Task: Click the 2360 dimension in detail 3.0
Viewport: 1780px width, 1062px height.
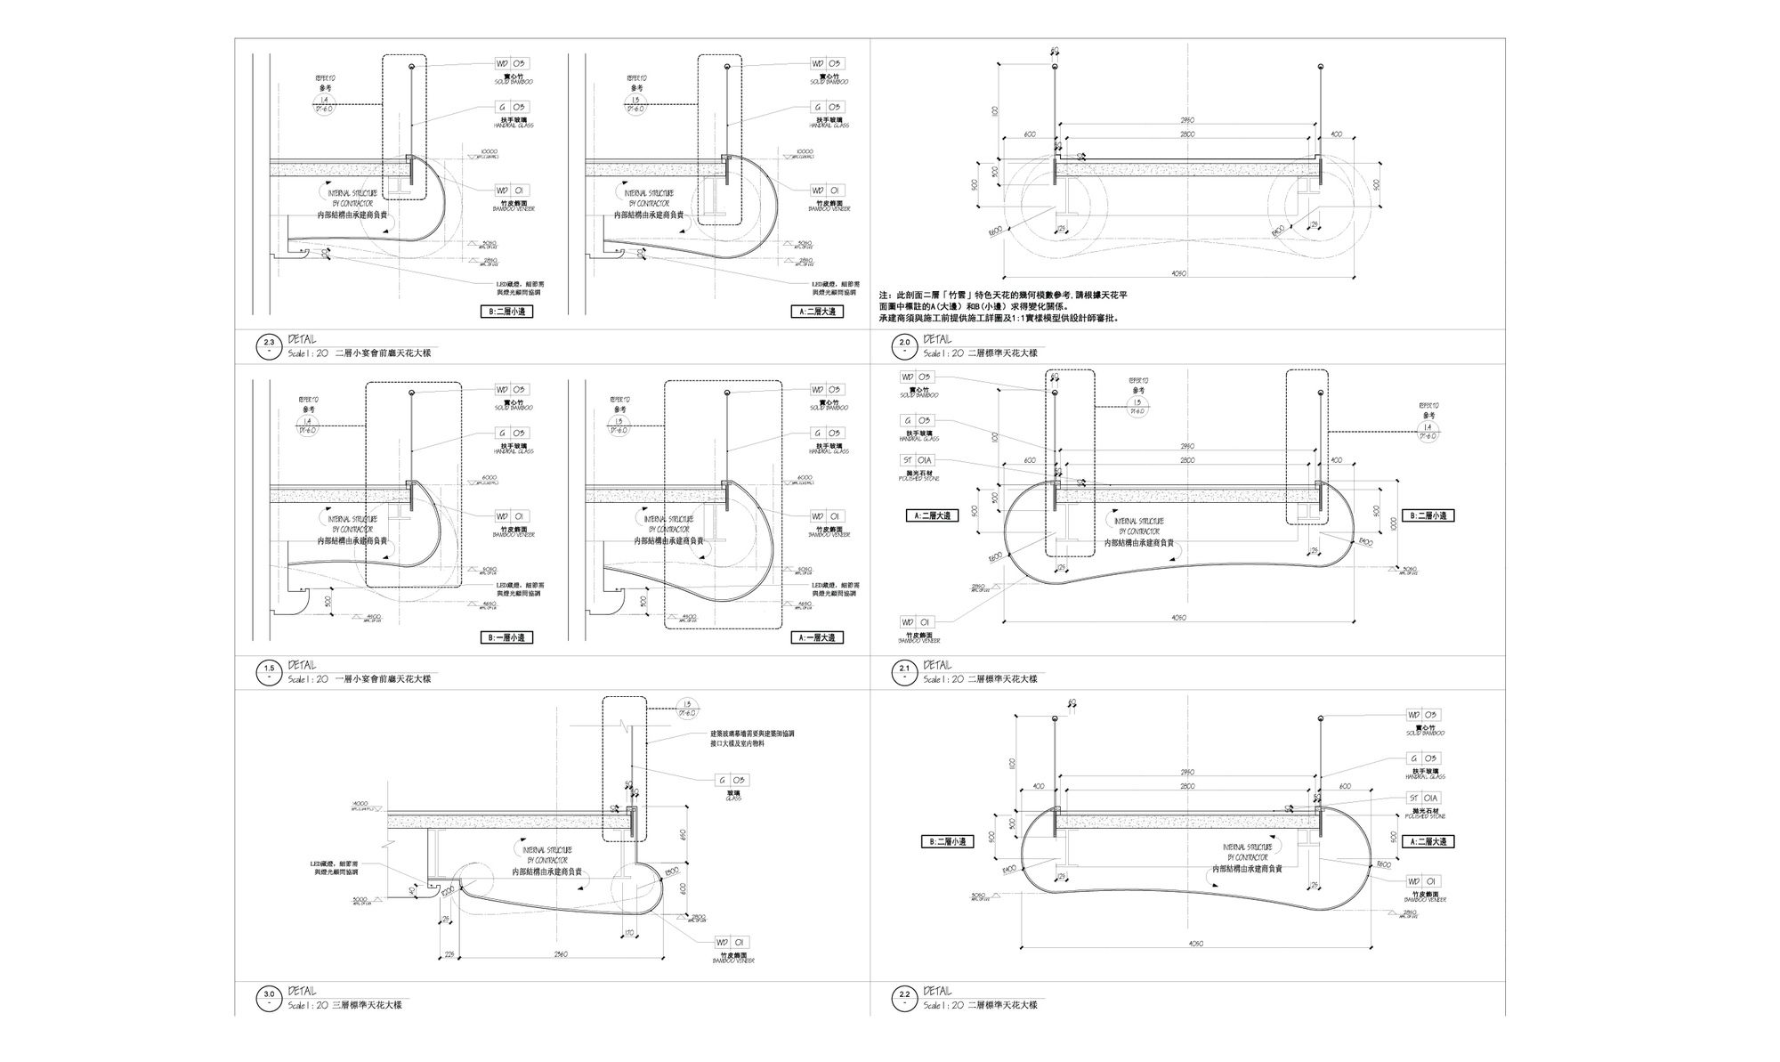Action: (561, 954)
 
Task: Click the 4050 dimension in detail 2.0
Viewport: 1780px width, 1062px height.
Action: (1179, 274)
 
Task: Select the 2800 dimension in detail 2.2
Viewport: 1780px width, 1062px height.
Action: (1187, 787)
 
